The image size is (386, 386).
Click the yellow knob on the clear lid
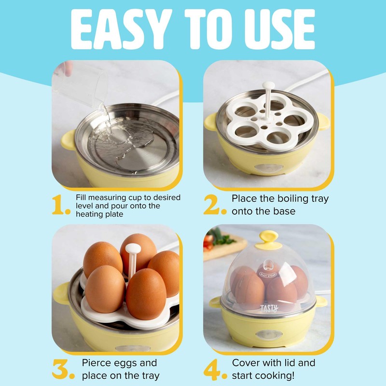click(270, 239)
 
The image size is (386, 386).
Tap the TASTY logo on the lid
click(269, 307)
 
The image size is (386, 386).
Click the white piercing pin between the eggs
click(131, 256)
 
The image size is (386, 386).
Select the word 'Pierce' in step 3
click(98, 363)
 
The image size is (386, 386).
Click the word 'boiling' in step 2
click(294, 199)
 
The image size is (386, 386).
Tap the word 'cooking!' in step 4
click(279, 375)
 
